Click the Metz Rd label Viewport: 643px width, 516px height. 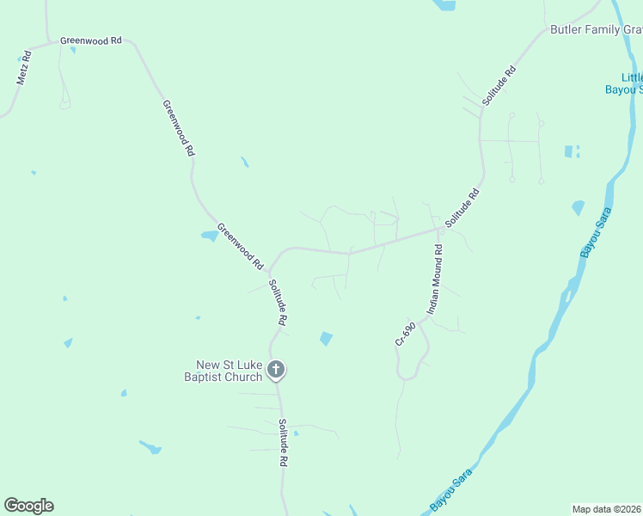pyautogui.click(x=24, y=67)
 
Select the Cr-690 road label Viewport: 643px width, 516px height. pyautogui.click(x=406, y=334)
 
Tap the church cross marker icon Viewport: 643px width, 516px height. pyautogui.click(x=276, y=371)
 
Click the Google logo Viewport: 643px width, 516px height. pyautogui.click(x=28, y=506)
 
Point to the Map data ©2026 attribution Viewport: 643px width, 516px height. pyautogui.click(x=607, y=508)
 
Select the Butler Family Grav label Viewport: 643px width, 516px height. pyautogui.click(x=596, y=30)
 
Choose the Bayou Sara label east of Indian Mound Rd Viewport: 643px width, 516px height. pyautogui.click(x=596, y=232)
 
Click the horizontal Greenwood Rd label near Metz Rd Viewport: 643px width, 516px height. pyautogui.click(x=91, y=40)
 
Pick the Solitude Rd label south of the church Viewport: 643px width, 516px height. pyautogui.click(x=282, y=443)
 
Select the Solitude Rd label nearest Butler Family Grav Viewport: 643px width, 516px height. pyautogui.click(x=499, y=86)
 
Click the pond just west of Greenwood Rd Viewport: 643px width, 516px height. pyautogui.click(x=209, y=236)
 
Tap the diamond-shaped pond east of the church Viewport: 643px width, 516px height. pyautogui.click(x=326, y=339)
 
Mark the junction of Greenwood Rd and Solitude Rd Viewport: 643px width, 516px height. pyautogui.click(x=269, y=268)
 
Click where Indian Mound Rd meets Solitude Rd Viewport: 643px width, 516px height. pyautogui.click(x=439, y=230)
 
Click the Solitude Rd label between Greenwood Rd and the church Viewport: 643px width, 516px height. pyautogui.click(x=277, y=302)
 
